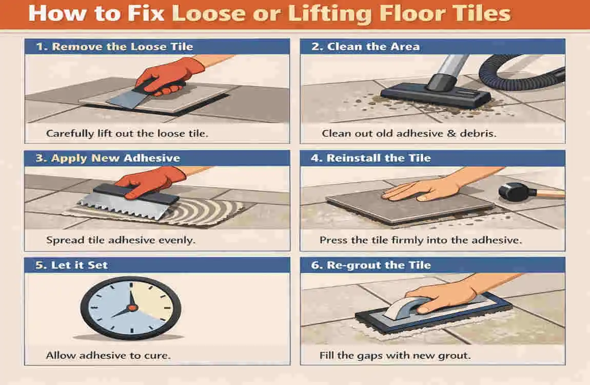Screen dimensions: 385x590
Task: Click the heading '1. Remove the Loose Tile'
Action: tap(114, 47)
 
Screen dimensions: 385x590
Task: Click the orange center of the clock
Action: tap(132, 307)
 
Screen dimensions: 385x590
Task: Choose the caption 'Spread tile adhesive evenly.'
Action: tap(121, 240)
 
